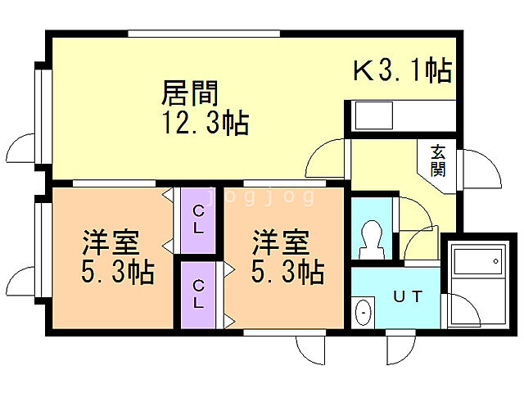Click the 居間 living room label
coord(190,92)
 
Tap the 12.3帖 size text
coord(206,123)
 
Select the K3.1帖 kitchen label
coord(402,71)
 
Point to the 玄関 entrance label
coord(439,160)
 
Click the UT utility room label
coord(407,296)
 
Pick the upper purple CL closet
coord(198,220)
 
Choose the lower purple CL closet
coord(198,293)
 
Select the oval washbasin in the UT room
coord(364,312)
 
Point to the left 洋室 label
coord(110,243)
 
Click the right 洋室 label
coord(280,243)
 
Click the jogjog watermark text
coord(260,196)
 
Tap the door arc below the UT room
coord(402,348)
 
